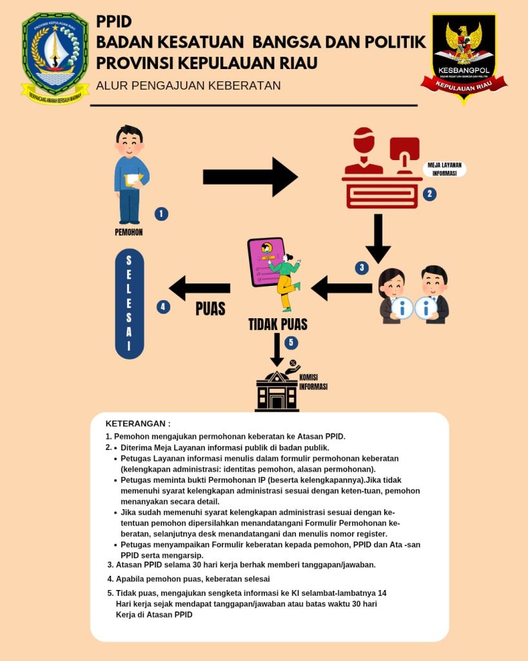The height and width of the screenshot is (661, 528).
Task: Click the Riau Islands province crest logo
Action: pyautogui.click(x=55, y=58)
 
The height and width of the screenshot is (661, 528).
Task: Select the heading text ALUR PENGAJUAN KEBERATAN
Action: pyautogui.click(x=188, y=85)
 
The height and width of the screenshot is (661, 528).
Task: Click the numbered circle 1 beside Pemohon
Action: pyautogui.click(x=161, y=214)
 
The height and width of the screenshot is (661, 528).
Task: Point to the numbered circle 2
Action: pyautogui.click(x=429, y=193)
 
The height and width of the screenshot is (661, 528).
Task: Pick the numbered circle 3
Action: pyautogui.click(x=362, y=267)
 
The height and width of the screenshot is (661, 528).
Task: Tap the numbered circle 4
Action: pyautogui.click(x=164, y=307)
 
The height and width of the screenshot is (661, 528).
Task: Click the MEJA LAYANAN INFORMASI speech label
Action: pyautogui.click(x=445, y=169)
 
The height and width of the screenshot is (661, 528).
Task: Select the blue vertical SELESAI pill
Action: pyautogui.click(x=129, y=303)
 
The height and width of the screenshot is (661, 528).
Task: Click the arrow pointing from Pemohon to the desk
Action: pyautogui.click(x=250, y=176)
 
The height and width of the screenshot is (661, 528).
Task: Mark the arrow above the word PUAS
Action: pyautogui.click(x=200, y=288)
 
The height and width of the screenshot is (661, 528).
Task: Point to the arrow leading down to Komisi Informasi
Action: pyautogui.click(x=277, y=349)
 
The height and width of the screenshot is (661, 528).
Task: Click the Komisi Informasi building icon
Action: pyautogui.click(x=277, y=391)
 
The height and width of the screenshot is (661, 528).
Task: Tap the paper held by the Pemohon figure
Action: pyautogui.click(x=134, y=180)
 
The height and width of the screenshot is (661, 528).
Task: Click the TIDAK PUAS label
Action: pyautogui.click(x=278, y=323)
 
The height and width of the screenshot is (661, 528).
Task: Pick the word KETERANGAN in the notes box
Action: pyautogui.click(x=138, y=423)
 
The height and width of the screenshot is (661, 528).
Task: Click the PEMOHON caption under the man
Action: pyautogui.click(x=129, y=232)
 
